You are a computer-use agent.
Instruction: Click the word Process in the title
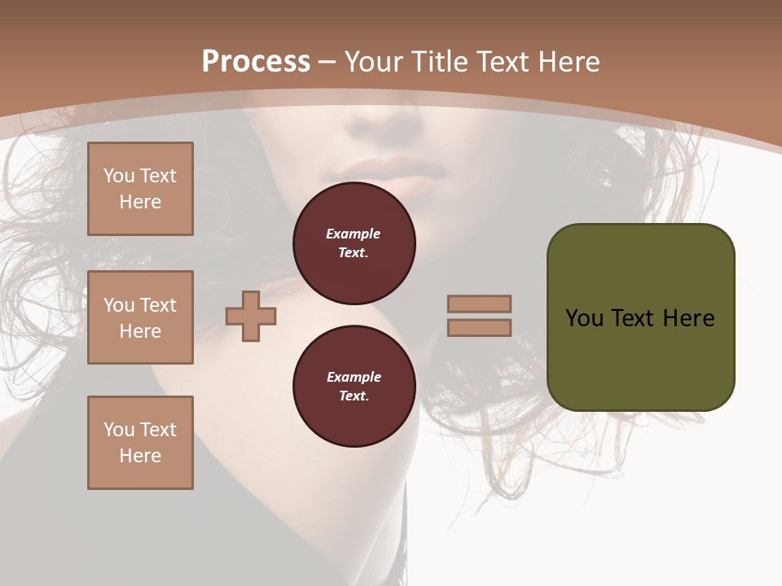pyautogui.click(x=256, y=62)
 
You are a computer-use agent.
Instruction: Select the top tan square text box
pyautogui.click(x=140, y=189)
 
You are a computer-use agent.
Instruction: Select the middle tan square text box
pyautogui.click(x=140, y=317)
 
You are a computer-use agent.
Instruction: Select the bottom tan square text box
pyautogui.click(x=140, y=443)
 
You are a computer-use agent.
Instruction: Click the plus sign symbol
pyautogui.click(x=251, y=317)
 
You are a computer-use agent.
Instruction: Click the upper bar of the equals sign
pyautogui.click(x=479, y=304)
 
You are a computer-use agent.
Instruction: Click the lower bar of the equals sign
pyautogui.click(x=479, y=327)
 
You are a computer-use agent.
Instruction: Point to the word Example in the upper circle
pyautogui.click(x=354, y=234)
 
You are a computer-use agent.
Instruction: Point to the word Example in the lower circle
pyautogui.click(x=354, y=377)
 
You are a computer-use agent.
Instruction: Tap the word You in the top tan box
pyautogui.click(x=118, y=176)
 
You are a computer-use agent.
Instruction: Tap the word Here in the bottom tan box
pyautogui.click(x=140, y=456)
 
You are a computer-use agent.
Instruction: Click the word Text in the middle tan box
pyautogui.click(x=158, y=305)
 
